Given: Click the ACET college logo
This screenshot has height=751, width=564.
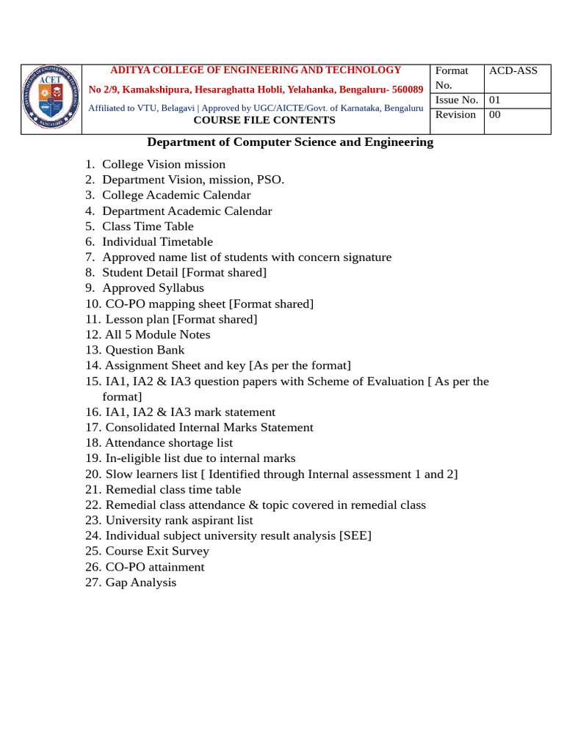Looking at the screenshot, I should click(x=51, y=98).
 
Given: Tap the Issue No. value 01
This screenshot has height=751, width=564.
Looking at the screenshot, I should click(x=495, y=100).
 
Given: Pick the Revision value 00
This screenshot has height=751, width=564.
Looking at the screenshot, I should click(x=495, y=115).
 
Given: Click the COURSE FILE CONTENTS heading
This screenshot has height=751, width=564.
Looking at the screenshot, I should click(x=264, y=120).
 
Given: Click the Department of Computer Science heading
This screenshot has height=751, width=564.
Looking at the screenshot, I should click(x=290, y=142).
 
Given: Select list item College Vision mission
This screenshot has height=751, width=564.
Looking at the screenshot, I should click(x=164, y=164).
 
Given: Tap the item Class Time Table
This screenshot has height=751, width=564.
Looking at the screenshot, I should click(x=148, y=227).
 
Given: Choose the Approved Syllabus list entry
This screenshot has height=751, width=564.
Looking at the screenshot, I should click(x=153, y=288).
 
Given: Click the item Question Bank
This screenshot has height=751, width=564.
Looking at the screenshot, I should click(x=145, y=351).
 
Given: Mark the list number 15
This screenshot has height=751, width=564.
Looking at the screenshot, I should click(x=93, y=381).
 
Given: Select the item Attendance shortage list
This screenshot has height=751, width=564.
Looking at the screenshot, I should click(x=169, y=443).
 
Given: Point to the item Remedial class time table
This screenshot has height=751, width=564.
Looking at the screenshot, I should click(x=173, y=490).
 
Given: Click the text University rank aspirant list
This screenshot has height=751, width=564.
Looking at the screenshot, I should click(x=179, y=521).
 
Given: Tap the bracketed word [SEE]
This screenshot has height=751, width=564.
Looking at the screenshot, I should click(x=355, y=536).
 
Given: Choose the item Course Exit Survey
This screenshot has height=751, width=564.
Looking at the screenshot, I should click(x=157, y=552).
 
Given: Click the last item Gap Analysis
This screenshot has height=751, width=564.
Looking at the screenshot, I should click(x=141, y=583).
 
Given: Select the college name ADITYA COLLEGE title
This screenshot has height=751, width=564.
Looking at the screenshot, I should click(x=256, y=70).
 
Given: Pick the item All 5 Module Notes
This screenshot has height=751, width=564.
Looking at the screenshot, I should click(x=157, y=335).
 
